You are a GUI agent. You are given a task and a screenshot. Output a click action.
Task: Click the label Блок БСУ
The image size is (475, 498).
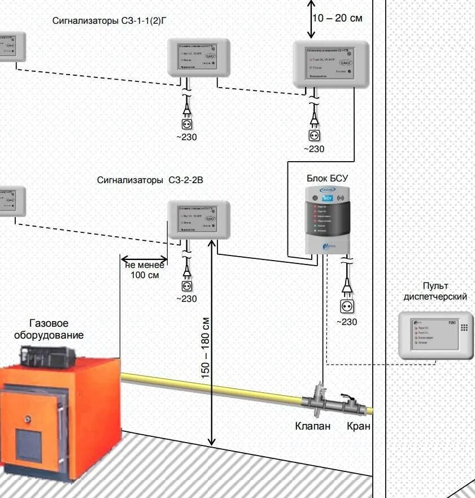pyautogui.click(x=327, y=178)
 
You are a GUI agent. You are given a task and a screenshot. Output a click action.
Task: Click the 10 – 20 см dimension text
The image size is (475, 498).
pyautogui.click(x=337, y=18)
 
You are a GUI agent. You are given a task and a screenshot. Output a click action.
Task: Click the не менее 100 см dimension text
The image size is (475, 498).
pyautogui.click(x=145, y=270)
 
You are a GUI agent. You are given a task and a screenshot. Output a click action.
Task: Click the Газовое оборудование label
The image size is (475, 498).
pyautogui.click(x=49, y=330)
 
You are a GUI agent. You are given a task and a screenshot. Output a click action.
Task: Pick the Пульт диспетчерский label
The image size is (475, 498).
pyautogui.click(x=434, y=291)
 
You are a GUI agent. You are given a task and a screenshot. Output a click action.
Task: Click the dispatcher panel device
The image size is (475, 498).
pyautogui.click(x=435, y=335)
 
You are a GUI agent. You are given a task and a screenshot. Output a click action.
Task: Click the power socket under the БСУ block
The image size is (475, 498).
pyautogui.click(x=347, y=306)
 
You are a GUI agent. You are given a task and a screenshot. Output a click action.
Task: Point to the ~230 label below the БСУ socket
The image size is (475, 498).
pyautogui.click(x=347, y=322)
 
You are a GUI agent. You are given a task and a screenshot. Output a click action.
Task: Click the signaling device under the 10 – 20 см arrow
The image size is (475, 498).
pyautogui.click(x=330, y=65)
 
